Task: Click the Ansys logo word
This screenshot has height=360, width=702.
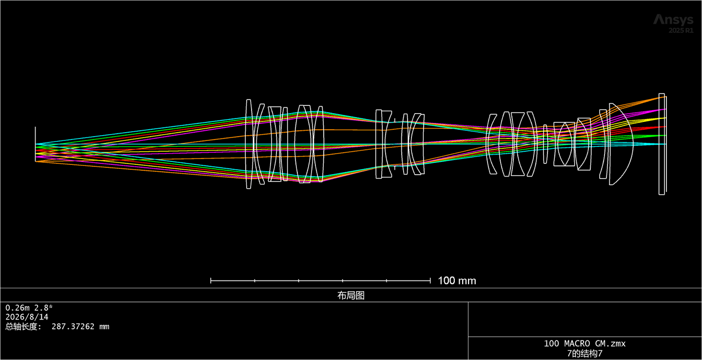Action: [x=673, y=20]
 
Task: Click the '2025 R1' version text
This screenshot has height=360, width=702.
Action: [x=681, y=30]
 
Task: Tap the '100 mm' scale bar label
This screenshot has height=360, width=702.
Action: [x=457, y=280]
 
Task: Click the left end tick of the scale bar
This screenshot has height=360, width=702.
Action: [x=211, y=280]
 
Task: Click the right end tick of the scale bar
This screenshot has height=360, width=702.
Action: [x=430, y=280]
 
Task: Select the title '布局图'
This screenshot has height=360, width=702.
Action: [x=351, y=296]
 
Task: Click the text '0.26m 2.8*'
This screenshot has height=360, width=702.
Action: [x=29, y=308]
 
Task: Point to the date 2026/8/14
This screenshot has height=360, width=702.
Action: [x=27, y=317]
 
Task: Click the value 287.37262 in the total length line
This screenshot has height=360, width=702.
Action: [x=73, y=327]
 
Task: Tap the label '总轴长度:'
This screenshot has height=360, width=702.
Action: [x=23, y=327]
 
